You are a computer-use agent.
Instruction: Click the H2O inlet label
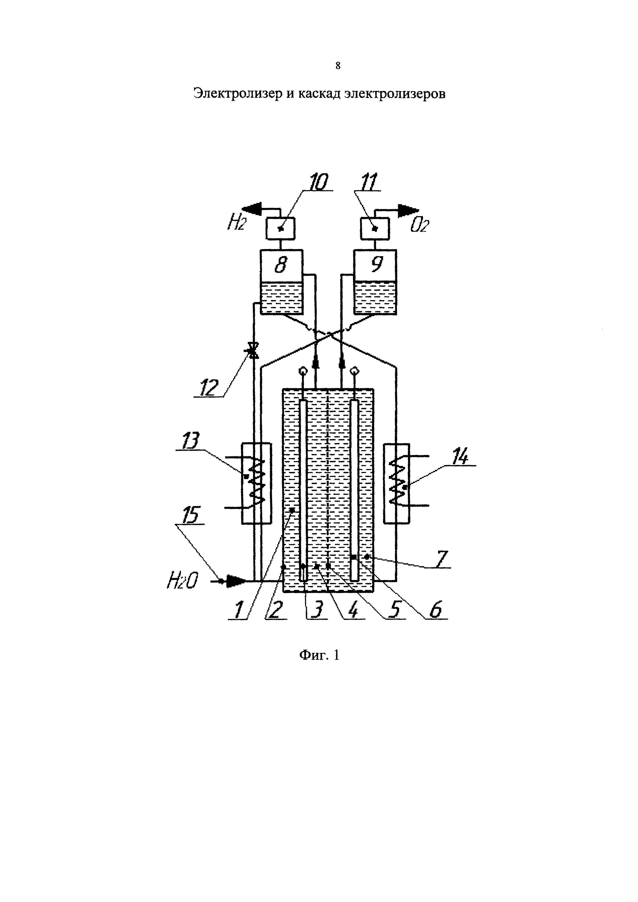pyautogui.click(x=182, y=580)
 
